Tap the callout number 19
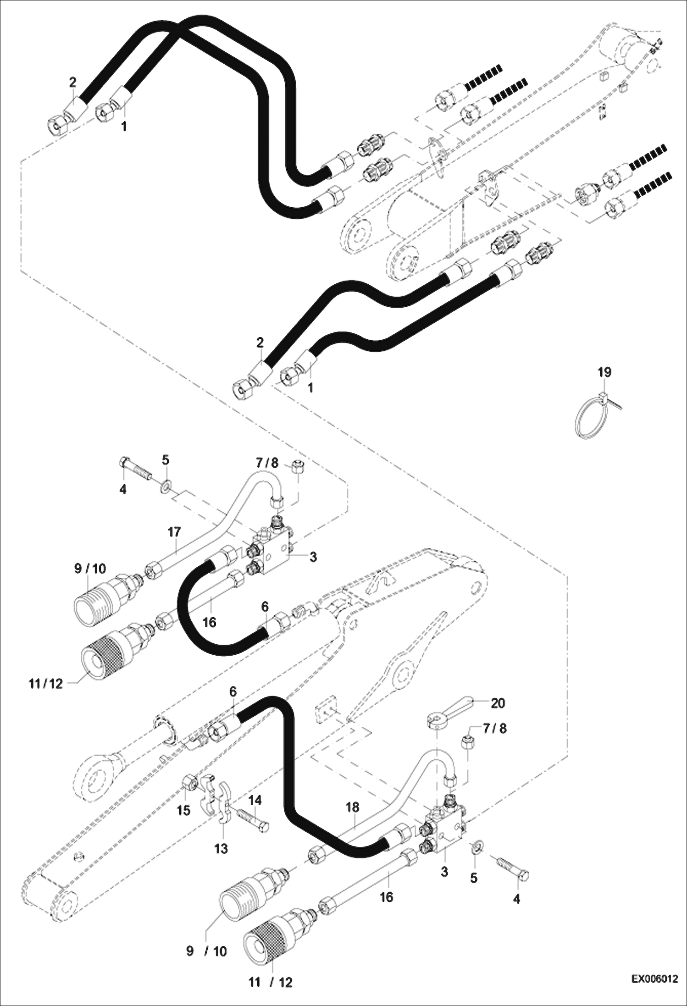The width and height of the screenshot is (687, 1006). pos(604,372)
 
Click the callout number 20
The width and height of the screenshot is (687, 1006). pos(498,703)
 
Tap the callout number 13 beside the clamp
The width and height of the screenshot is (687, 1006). pos(221,849)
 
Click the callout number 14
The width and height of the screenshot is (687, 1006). pos(255,800)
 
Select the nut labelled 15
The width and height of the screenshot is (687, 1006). pos(188,785)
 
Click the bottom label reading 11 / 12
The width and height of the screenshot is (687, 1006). pos(270,983)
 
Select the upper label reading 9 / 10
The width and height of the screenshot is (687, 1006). pos(90,569)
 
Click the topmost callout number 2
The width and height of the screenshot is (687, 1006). pos(73,83)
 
